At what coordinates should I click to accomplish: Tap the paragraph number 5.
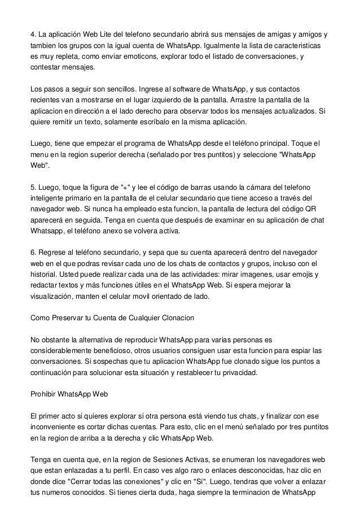(x=32, y=187)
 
